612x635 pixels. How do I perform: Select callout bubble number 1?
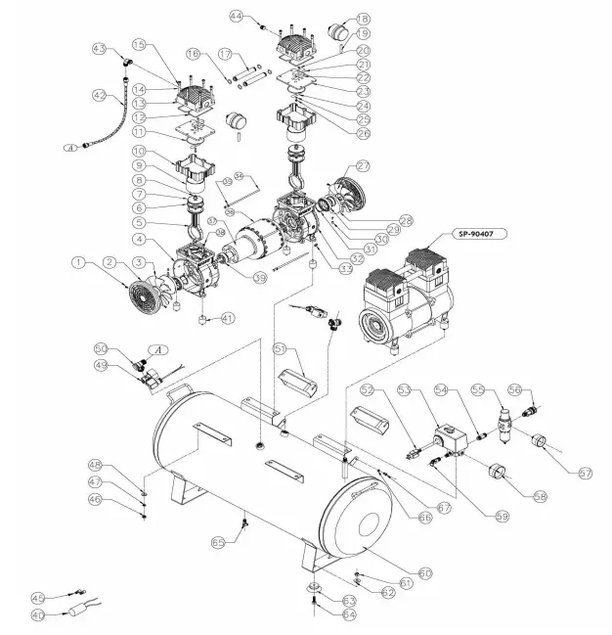coord(78,262)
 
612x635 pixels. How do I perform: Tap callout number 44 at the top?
coord(236,17)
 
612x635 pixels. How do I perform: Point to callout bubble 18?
coord(363,20)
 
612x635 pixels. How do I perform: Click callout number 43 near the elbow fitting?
coord(98,48)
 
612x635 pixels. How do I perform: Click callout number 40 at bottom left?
coord(39,615)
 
